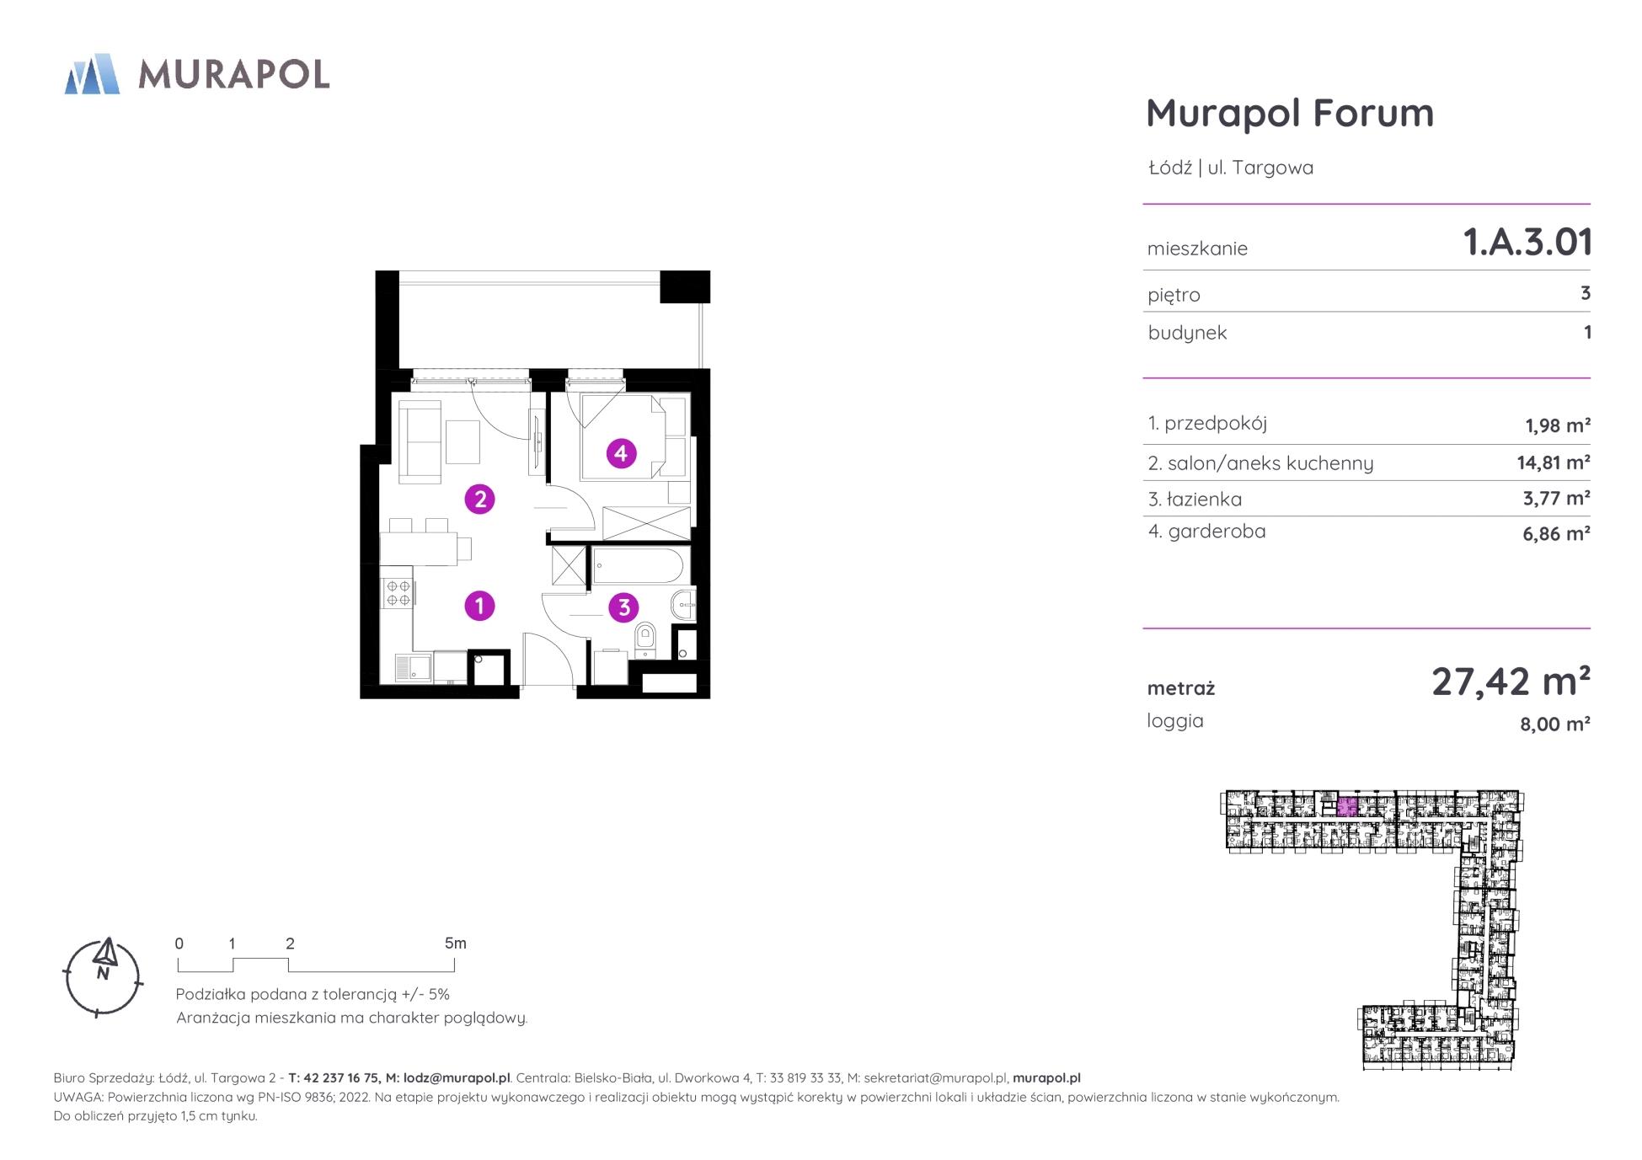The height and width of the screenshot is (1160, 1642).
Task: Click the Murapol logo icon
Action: tap(93, 74)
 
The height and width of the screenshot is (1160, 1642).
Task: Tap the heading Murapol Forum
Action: tap(1290, 113)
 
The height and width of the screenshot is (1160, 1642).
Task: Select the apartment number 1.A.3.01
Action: tap(1527, 243)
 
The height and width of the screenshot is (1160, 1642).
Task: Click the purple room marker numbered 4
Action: tap(621, 454)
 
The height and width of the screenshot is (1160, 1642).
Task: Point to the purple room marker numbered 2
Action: tap(480, 500)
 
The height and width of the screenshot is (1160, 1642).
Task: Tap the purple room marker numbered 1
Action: tap(480, 606)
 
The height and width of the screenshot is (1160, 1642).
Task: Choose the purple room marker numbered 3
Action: tap(623, 607)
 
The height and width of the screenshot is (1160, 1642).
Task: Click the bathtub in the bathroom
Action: tap(638, 565)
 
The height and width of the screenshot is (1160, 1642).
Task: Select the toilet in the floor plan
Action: tap(645, 639)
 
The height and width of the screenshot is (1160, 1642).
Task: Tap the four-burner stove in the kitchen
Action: tap(398, 593)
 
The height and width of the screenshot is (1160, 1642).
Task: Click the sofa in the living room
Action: tap(419, 441)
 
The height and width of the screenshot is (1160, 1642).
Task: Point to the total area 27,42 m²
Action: tap(1511, 682)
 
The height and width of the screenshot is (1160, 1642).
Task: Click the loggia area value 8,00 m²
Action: tap(1555, 724)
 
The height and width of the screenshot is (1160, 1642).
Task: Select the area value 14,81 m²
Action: tap(1554, 462)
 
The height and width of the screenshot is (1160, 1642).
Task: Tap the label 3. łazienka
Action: tap(1195, 500)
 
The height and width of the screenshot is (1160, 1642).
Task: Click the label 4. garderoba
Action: tap(1206, 532)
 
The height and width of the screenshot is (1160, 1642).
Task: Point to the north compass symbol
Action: tap(103, 977)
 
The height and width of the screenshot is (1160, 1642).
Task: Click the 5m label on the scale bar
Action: tap(455, 944)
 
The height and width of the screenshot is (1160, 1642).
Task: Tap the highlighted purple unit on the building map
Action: tap(1347, 807)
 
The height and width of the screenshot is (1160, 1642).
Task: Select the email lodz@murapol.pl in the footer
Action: tap(457, 1078)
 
